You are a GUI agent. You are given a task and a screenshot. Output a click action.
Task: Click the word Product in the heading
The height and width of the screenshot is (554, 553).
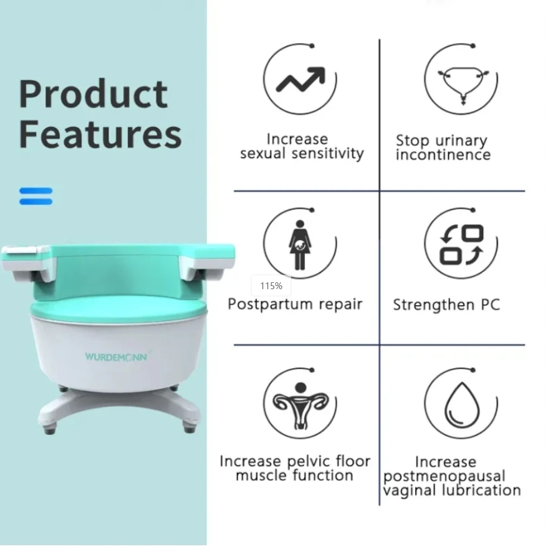point(94,95)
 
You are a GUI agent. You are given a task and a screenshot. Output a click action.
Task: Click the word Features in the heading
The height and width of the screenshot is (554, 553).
point(100,135)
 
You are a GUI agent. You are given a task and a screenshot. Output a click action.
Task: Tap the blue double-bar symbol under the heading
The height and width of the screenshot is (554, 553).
point(36,196)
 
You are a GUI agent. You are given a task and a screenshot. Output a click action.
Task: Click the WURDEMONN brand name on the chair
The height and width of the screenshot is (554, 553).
point(116,356)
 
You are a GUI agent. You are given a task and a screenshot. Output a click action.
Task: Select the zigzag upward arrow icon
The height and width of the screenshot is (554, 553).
point(300,79)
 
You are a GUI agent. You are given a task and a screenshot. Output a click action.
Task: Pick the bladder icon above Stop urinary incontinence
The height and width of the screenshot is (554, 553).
point(461,85)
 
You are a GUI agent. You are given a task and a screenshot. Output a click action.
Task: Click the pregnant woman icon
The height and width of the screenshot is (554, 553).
point(300,244)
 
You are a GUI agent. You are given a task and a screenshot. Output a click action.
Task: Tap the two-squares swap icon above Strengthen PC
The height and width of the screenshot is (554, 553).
point(461,244)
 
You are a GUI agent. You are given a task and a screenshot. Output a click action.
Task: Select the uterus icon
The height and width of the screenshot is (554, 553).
point(300,406)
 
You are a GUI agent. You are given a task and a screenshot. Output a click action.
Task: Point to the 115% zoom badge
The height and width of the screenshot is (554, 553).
point(271,286)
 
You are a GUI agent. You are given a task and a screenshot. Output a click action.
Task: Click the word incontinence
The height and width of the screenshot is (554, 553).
point(443,155)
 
